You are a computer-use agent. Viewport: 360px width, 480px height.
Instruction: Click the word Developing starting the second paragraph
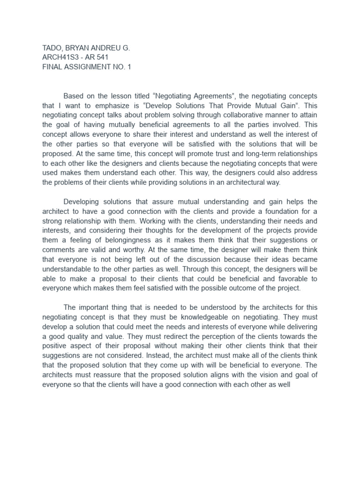pos(82,202)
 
